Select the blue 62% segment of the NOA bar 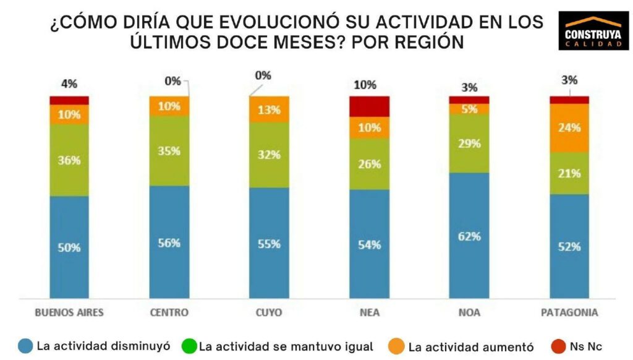tap(469, 236)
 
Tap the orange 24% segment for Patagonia tap(569, 127)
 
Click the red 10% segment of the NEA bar tap(369, 106)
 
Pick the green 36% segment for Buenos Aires tap(69, 160)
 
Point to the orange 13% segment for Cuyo tap(269, 109)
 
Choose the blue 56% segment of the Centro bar tap(169, 242)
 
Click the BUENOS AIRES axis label tap(69, 312)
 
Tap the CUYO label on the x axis tap(269, 312)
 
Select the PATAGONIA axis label tap(569, 312)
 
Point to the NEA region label tap(369, 312)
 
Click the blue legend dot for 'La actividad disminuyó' tap(25, 346)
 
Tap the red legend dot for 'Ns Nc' tap(542, 346)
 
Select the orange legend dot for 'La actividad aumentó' tap(397, 346)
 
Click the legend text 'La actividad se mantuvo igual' tap(286, 346)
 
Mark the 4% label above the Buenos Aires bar tap(69, 84)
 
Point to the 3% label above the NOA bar tap(469, 87)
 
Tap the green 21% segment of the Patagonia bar tap(569, 173)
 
